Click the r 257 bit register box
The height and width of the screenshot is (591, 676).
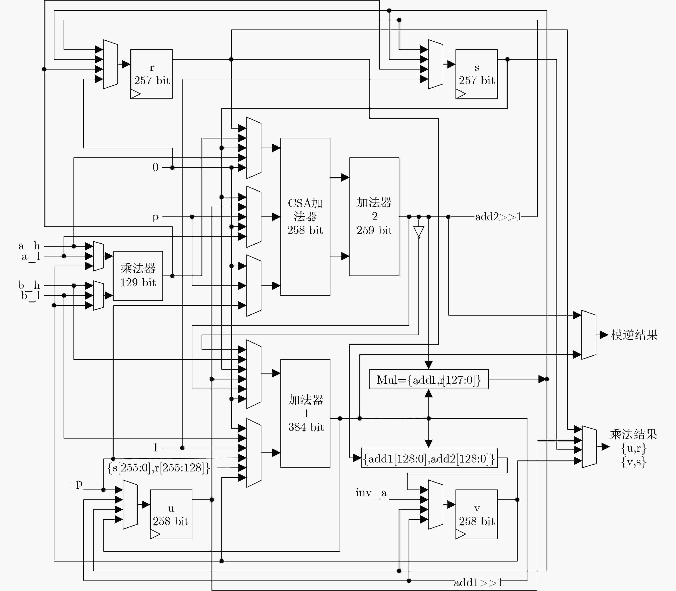tap(151, 74)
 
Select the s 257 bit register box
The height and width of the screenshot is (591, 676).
tap(476, 74)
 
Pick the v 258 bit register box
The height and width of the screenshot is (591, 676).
tap(476, 514)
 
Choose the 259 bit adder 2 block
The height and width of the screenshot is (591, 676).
tap(374, 217)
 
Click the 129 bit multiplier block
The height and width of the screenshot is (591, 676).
tap(138, 276)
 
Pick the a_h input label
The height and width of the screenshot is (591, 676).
tap(29, 246)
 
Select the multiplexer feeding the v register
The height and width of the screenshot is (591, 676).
tap(436, 505)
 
